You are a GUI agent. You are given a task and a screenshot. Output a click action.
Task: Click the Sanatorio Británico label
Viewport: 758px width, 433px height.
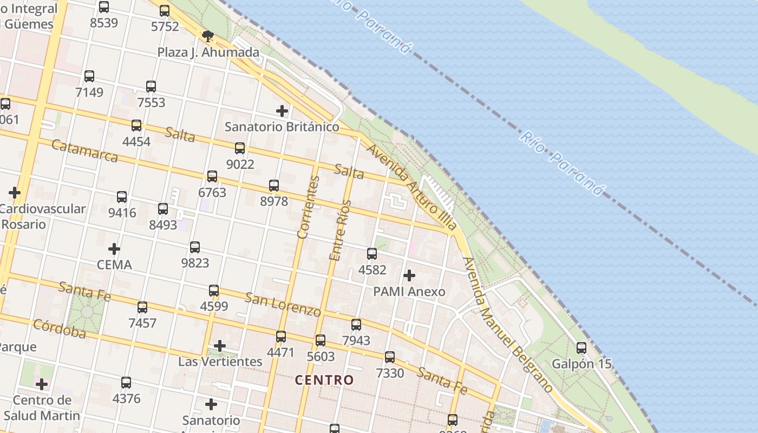(x=282, y=127)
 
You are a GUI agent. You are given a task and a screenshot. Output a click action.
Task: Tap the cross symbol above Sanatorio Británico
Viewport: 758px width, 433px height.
(x=282, y=111)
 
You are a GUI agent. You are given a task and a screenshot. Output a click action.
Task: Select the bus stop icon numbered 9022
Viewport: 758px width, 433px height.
(x=240, y=148)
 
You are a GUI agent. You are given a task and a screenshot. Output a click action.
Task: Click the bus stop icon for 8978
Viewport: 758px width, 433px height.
(x=274, y=186)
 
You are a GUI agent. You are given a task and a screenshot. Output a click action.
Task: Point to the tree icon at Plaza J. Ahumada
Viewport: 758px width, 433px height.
(x=207, y=36)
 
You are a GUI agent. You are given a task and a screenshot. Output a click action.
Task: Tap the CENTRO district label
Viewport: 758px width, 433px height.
(x=324, y=380)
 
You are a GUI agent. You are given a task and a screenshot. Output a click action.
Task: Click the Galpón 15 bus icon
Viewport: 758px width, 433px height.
(x=581, y=348)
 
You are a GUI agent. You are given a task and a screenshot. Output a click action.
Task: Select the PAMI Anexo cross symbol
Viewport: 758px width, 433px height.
(x=409, y=275)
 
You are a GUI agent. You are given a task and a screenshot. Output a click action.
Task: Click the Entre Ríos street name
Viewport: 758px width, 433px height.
(x=340, y=230)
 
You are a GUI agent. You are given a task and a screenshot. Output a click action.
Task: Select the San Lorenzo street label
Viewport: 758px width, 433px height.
(x=283, y=305)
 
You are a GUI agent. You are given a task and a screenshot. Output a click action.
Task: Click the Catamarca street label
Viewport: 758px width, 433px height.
(x=84, y=151)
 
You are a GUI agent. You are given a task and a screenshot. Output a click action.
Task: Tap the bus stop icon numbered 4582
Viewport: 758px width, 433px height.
(x=372, y=254)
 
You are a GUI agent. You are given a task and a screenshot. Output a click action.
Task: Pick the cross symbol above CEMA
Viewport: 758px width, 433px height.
(x=114, y=249)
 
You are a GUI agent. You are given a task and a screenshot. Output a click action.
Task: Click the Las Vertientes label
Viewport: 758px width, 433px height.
(x=220, y=362)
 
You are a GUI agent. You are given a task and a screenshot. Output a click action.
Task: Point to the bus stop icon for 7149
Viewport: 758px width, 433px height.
(x=89, y=76)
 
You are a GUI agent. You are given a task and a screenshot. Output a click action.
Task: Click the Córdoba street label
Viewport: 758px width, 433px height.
(x=60, y=329)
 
